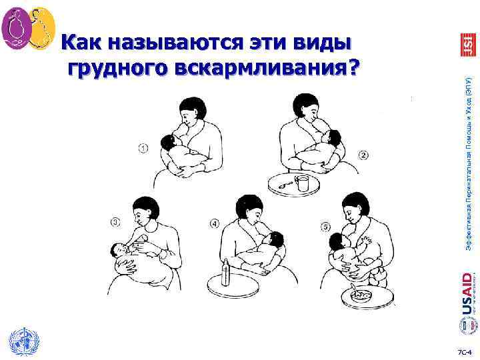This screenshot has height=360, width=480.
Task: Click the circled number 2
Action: coord(364,155)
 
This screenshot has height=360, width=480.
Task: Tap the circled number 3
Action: coord(116,222)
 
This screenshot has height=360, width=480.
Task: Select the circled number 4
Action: coord(214,224)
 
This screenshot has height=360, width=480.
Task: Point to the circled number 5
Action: coord(326,227)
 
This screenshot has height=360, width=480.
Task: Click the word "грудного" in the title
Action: coord(119,67)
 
